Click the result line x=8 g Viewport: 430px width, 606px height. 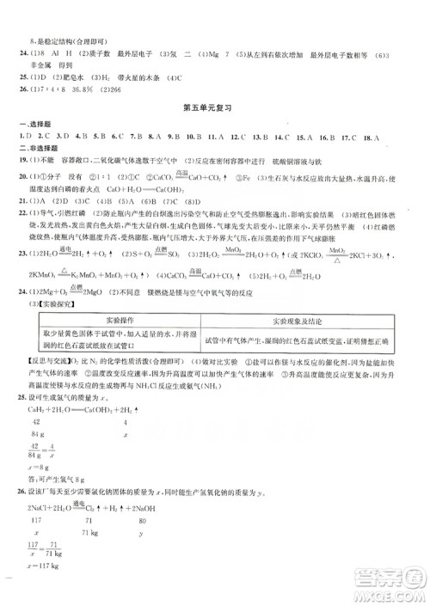click(40, 491)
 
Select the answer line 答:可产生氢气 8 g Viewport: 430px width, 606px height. click(57, 502)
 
